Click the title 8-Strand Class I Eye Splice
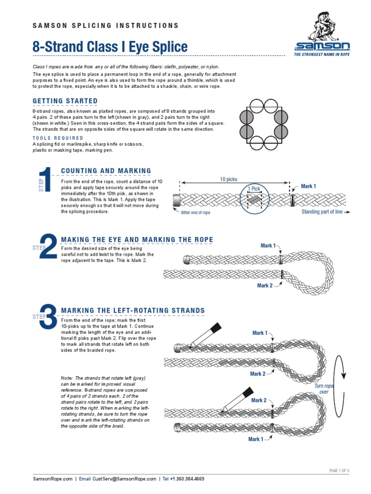click(110, 47)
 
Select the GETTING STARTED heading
click(65, 101)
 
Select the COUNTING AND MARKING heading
click(106, 171)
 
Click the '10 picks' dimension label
click(228, 179)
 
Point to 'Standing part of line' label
click(322, 212)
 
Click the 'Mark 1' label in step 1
click(308, 186)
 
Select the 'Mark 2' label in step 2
click(265, 286)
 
